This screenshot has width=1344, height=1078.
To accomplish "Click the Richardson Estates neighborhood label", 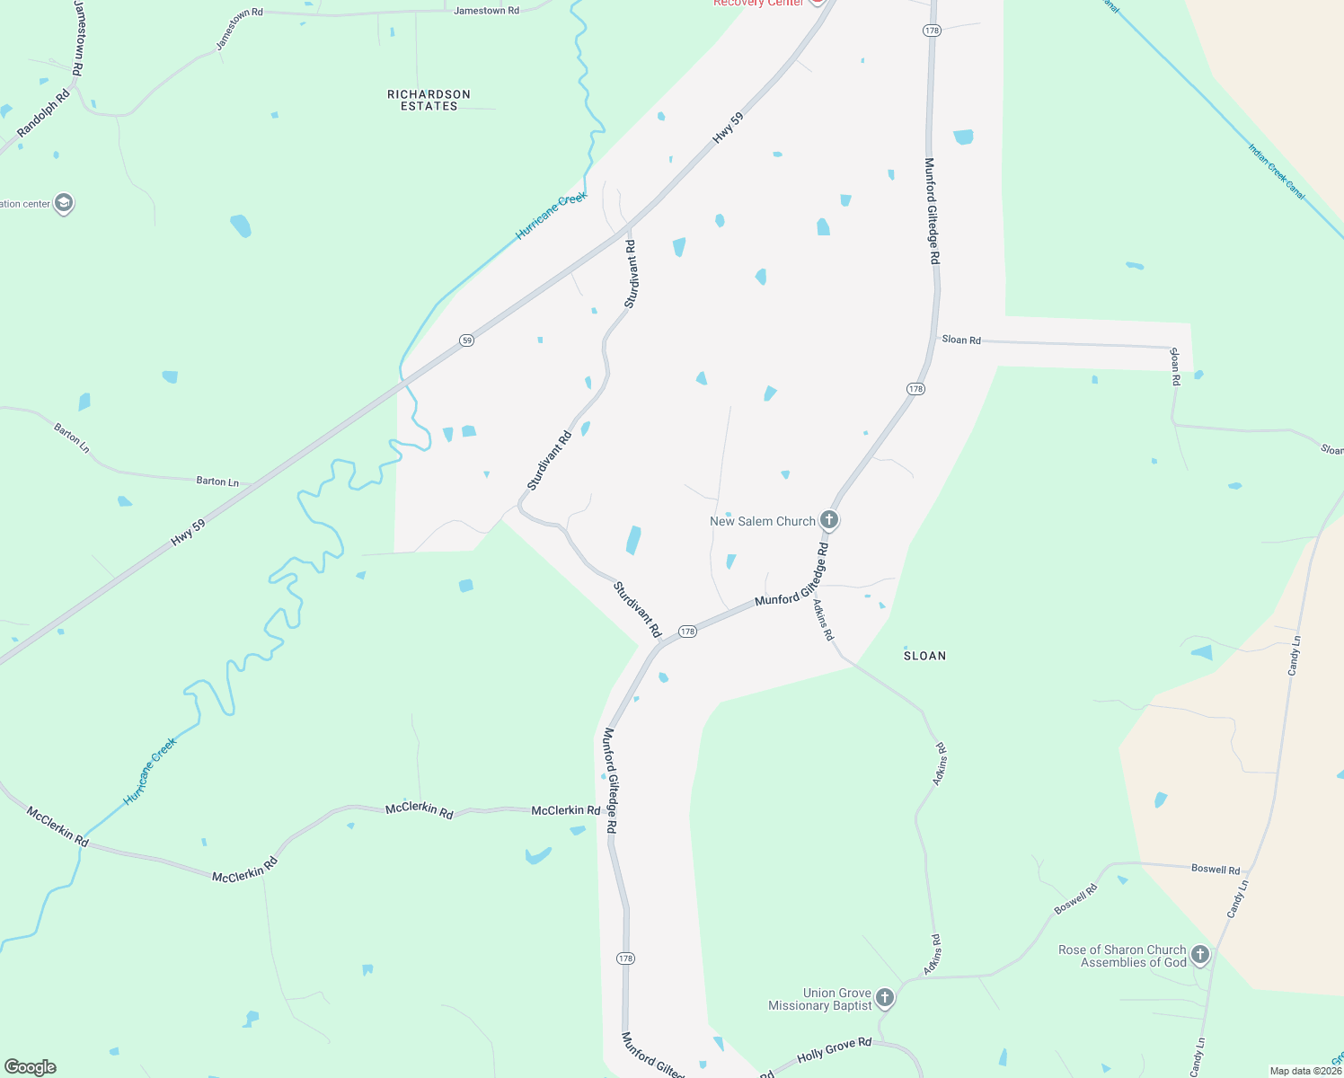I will tap(429, 100).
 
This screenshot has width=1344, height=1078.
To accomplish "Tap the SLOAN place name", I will tap(924, 656).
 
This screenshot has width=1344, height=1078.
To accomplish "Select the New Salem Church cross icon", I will tap(829, 520).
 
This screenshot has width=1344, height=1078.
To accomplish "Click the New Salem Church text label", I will tap(762, 521).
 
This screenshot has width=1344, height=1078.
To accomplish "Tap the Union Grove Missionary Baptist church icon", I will tap(885, 998).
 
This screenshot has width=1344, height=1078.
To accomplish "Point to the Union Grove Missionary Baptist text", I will tap(819, 999).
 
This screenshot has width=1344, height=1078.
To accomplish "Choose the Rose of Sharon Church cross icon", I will tap(1200, 955).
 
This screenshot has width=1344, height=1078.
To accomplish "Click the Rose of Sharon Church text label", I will tap(1122, 956).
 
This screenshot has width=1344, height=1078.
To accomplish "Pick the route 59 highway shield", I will tap(466, 340).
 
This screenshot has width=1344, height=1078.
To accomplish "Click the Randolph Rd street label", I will tap(43, 114).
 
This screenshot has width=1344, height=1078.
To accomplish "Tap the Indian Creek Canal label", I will tap(1276, 171).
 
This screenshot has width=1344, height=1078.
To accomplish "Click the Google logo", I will tap(31, 1067).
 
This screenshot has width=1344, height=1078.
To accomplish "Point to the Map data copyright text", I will tap(1304, 1071).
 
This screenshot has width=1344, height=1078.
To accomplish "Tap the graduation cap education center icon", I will tap(63, 203).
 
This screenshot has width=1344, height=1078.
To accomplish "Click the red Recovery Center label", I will tap(758, 4).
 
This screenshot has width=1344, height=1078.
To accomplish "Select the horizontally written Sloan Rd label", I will tap(960, 340).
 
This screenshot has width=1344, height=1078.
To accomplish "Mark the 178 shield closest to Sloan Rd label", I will tap(915, 389).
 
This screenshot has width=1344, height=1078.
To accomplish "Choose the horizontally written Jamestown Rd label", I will tap(486, 11).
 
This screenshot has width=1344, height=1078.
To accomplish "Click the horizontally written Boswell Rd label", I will tap(1215, 870).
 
